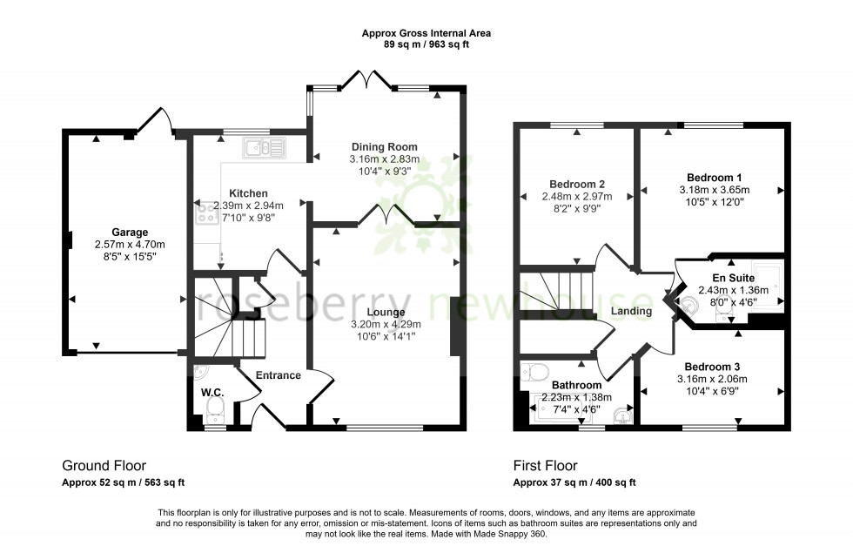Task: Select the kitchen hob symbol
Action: [206, 214]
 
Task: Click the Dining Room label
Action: [384, 146]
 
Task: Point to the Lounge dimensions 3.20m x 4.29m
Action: [385, 325]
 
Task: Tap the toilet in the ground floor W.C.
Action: [215, 410]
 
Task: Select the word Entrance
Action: [279, 375]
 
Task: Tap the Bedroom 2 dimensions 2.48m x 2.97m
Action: [577, 197]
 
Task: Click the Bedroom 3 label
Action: [712, 366]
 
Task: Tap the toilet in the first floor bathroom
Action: [533, 372]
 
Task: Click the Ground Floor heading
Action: [104, 466]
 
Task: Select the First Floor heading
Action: [546, 466]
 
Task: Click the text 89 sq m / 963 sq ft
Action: [426, 44]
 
